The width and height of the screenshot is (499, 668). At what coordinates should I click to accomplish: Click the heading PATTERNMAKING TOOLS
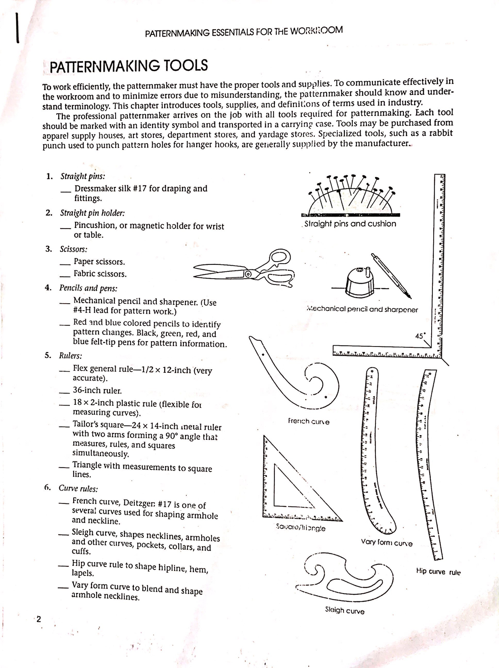click(x=128, y=66)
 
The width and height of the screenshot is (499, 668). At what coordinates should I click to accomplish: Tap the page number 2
click(x=38, y=619)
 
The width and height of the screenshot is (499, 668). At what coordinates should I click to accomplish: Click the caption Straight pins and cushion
click(x=350, y=224)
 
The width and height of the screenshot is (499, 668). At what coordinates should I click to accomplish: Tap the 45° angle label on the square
click(x=420, y=335)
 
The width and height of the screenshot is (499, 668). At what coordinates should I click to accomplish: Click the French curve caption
click(x=309, y=421)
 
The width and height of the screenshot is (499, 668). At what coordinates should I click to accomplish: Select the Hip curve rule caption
click(x=438, y=572)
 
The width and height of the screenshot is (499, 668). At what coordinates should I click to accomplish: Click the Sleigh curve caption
click(x=345, y=611)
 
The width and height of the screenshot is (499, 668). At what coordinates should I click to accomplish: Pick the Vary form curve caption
click(x=387, y=543)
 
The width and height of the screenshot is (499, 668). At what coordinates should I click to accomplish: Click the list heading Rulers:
click(x=70, y=356)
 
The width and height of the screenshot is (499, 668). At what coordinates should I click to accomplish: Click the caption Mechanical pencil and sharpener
click(x=361, y=309)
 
